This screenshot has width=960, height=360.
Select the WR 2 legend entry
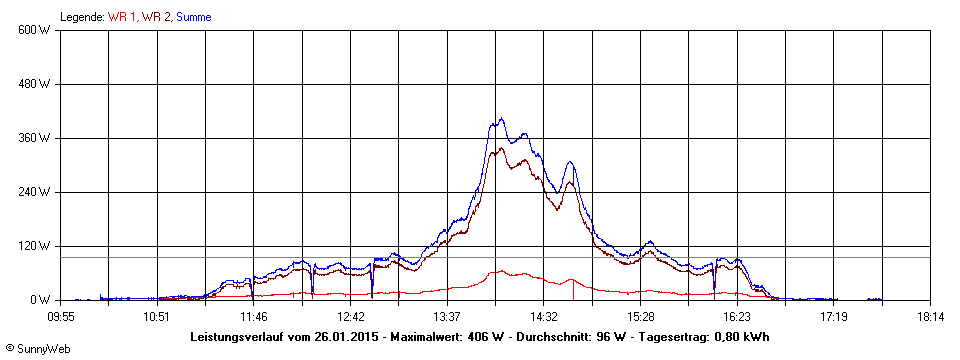[x=157, y=17]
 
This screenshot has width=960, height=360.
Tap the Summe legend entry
[x=193, y=17]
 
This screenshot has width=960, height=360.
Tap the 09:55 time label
[x=61, y=317]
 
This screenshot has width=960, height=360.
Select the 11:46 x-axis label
[x=253, y=317]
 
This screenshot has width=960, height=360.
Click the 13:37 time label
[x=447, y=317]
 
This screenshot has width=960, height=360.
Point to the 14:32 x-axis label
[x=543, y=317]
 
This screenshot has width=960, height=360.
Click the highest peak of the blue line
[x=501, y=119]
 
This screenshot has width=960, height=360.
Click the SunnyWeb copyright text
[x=37, y=349]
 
